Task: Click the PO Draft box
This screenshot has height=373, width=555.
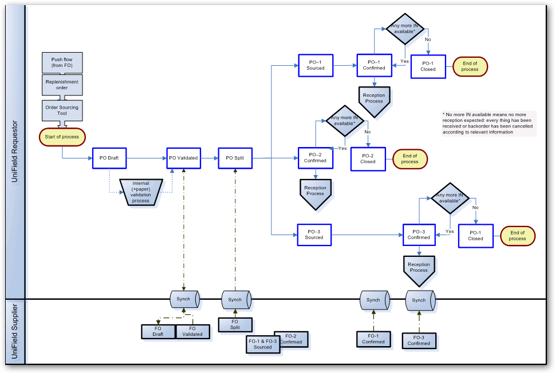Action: click(x=109, y=158)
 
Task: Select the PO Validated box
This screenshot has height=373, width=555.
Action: click(x=184, y=158)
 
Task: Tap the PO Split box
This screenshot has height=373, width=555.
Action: click(x=235, y=158)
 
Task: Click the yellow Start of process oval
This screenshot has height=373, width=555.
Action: click(x=62, y=137)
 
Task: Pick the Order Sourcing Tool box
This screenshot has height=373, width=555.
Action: click(x=62, y=110)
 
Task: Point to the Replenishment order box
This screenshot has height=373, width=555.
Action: click(x=62, y=85)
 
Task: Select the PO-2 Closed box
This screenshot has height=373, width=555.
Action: click(x=368, y=158)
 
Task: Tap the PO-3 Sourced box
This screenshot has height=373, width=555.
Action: click(x=314, y=235)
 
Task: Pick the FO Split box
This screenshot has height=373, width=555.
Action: click(x=235, y=324)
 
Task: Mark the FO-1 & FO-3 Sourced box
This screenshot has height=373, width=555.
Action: click(x=263, y=344)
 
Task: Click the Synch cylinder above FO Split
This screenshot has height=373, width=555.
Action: click(x=235, y=299)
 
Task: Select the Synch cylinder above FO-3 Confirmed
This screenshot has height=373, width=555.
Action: click(x=419, y=299)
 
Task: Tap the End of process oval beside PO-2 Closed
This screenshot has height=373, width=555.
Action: click(x=410, y=158)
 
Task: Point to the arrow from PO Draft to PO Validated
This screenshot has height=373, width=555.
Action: click(x=146, y=158)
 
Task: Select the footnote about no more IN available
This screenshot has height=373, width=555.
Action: click(x=489, y=124)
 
